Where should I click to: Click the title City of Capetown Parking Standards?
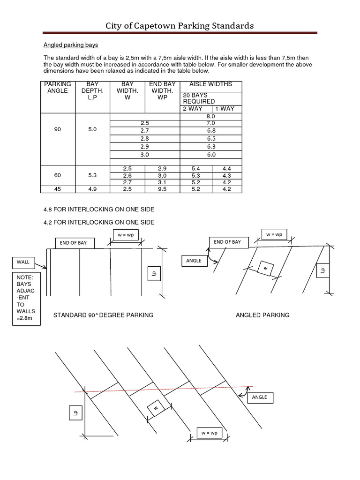[180, 25]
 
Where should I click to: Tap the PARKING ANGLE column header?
[58, 87]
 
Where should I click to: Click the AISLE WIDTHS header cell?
[210, 84]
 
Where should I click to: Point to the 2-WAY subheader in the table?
[193, 108]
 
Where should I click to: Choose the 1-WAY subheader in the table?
[225, 108]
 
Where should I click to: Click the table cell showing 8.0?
[210, 116]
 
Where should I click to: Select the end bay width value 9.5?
[162, 189]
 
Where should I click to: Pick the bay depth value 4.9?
[92, 189]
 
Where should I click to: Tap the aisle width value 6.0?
[210, 154]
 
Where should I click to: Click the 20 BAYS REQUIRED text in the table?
[199, 98]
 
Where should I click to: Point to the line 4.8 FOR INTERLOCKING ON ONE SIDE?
[98, 209]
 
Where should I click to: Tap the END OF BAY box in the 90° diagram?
[74, 243]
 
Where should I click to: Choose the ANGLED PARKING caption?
[262, 315]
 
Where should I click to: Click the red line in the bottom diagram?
[164, 389]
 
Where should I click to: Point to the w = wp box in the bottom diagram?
[210, 433]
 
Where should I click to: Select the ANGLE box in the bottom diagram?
[259, 397]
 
